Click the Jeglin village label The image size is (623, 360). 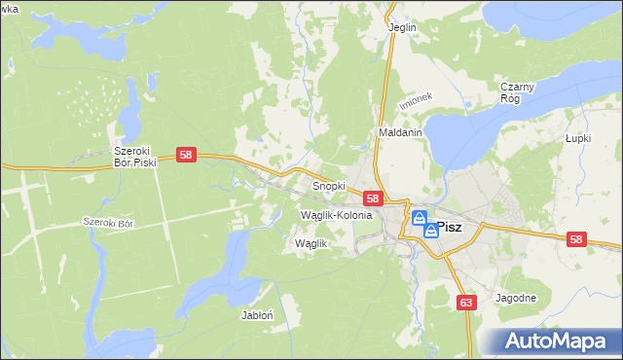(402, 27)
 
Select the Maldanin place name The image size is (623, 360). (399, 132)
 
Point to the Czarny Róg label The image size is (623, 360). (517, 92)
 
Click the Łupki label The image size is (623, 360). (579, 139)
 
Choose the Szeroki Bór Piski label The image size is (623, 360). (134, 157)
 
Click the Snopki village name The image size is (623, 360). (328, 185)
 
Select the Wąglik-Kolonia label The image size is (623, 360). (337, 214)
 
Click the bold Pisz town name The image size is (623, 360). (450, 228)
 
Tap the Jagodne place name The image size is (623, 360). (516, 298)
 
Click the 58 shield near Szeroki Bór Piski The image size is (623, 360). (188, 155)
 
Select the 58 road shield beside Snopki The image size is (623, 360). (373, 198)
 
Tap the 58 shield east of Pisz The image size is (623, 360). (577, 239)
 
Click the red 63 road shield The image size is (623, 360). (466, 303)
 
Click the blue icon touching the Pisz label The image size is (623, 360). (430, 231)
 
